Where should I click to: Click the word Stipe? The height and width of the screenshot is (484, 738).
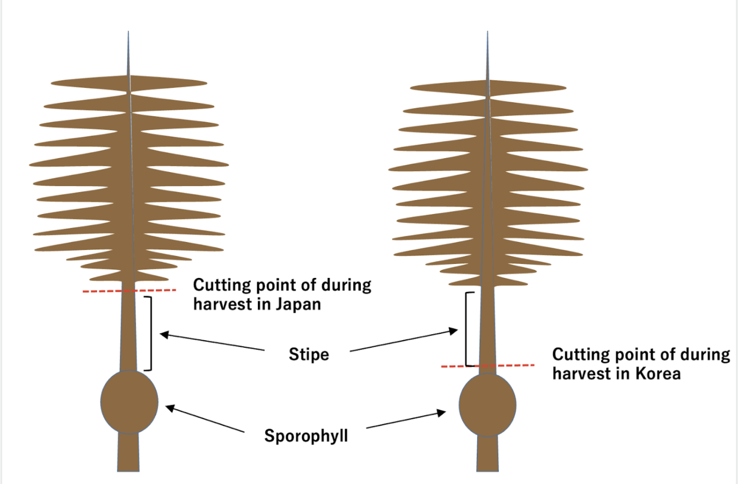[308, 355]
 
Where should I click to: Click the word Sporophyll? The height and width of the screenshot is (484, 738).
[306, 436]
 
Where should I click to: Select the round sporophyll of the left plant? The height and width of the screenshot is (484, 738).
[129, 402]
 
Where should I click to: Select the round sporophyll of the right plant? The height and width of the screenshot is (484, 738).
[487, 405]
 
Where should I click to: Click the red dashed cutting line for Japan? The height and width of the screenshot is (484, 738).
[155, 290]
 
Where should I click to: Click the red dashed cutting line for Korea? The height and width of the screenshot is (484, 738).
[517, 366]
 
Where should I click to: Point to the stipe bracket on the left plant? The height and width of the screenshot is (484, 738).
[151, 333]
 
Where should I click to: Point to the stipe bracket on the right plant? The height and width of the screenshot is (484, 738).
[466, 329]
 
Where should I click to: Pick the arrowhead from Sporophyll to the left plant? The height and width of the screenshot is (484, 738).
[170, 408]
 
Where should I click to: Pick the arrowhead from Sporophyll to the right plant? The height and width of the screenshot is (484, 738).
[441, 412]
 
